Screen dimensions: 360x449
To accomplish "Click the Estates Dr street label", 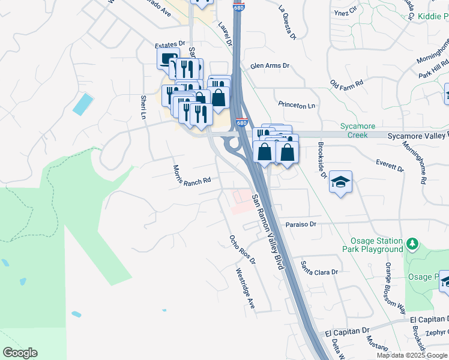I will click(169, 45).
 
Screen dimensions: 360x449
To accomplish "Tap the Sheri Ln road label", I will click(143, 106).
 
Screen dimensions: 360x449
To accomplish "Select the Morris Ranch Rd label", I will click(191, 175).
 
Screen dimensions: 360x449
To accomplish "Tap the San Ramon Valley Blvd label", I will click(267, 231).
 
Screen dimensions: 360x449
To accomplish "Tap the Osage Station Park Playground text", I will click(372, 245).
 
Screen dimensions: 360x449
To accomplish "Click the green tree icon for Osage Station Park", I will click(412, 244).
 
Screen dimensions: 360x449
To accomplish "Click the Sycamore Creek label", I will click(357, 131).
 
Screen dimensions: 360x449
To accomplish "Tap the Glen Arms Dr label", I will click(270, 65).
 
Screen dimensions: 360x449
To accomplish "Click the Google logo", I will click(20, 353).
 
